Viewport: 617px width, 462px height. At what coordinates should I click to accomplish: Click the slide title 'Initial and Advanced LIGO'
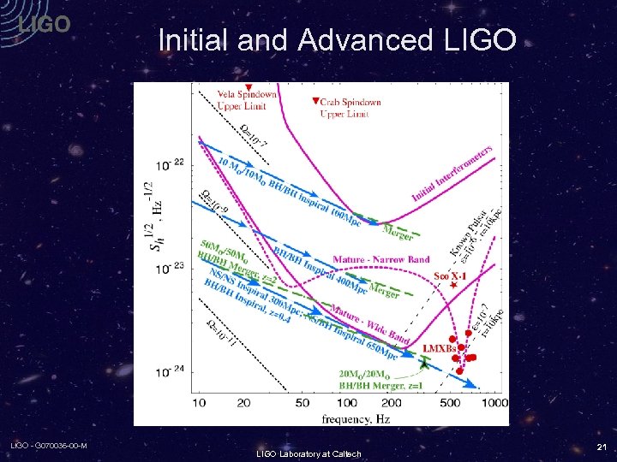337,39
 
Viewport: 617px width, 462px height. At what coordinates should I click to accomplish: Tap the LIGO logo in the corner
44,25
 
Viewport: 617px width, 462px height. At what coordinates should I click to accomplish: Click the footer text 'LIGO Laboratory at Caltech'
308,453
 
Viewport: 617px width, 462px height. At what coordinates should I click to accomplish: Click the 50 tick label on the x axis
303,402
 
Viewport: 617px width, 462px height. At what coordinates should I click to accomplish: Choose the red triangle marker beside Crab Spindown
314,101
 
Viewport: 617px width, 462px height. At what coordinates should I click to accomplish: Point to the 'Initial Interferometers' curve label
452,174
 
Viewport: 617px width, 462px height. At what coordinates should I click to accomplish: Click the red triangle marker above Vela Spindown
248,88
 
